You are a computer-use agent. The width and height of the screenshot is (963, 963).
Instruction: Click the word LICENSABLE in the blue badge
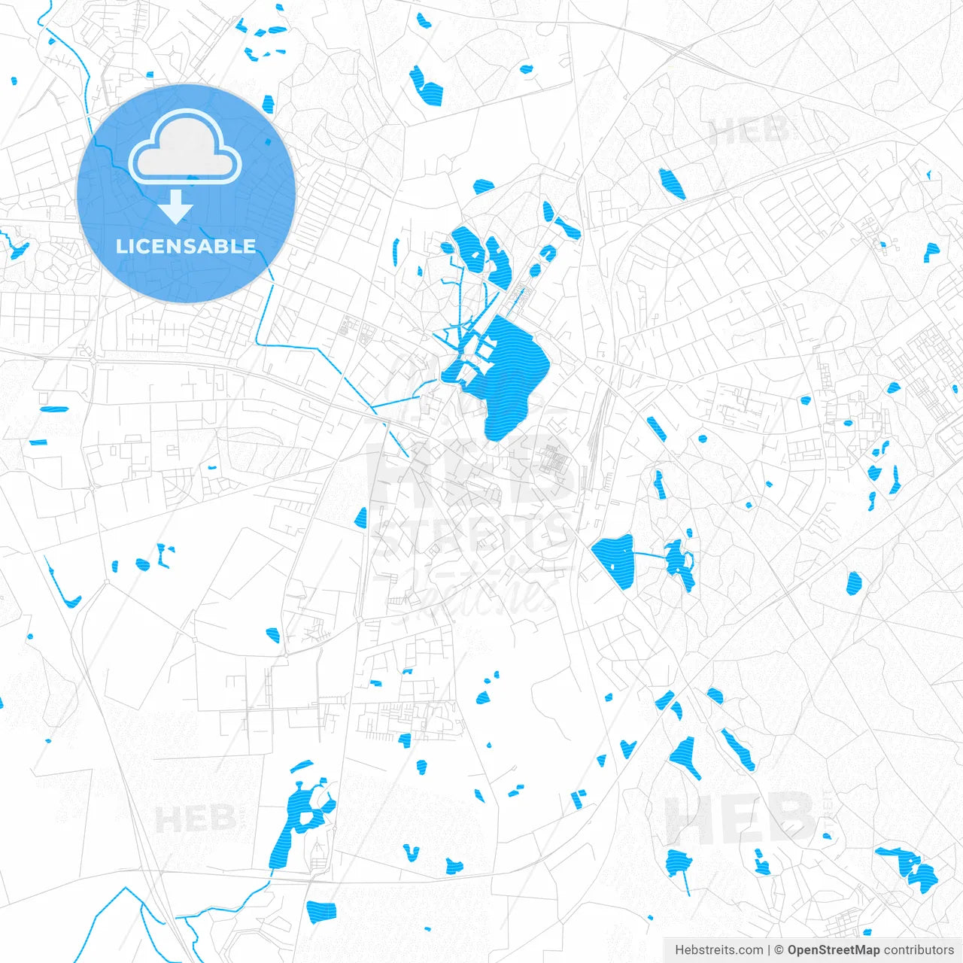click(186, 247)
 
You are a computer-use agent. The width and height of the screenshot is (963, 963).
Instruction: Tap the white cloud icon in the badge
click(185, 147)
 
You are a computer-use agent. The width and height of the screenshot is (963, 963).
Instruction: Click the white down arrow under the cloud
click(176, 206)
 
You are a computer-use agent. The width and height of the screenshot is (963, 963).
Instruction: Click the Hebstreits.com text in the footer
click(719, 950)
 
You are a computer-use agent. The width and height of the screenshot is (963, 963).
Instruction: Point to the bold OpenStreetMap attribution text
click(834, 950)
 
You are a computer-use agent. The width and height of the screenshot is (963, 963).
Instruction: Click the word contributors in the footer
click(919, 950)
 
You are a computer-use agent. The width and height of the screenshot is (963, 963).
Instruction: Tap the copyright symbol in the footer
click(779, 950)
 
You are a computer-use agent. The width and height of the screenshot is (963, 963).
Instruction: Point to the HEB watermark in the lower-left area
click(196, 819)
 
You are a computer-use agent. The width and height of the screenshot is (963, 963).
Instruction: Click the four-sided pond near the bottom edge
click(321, 911)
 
